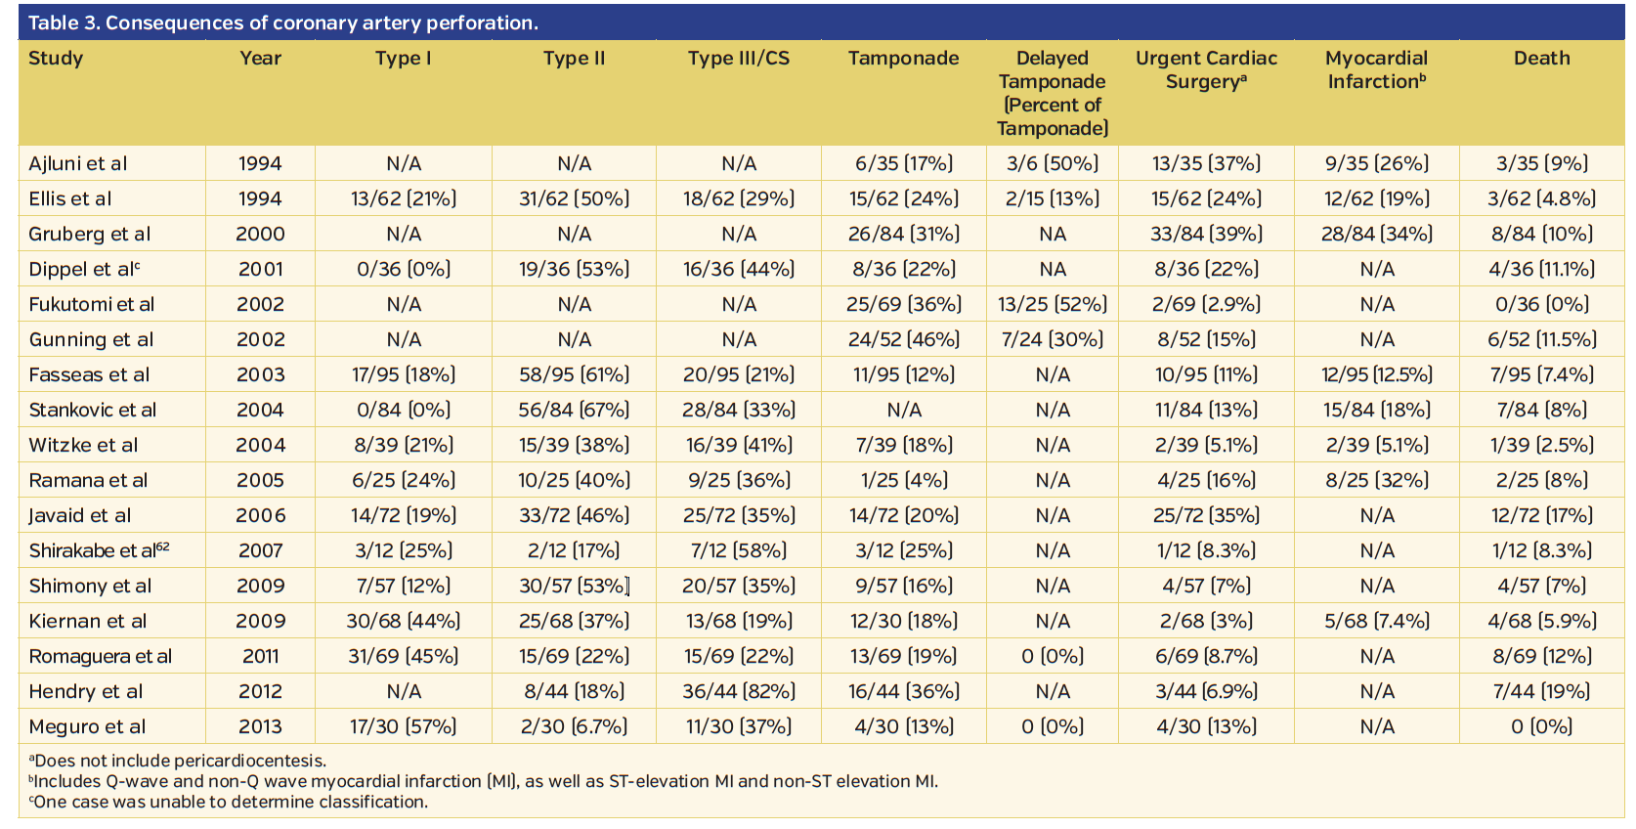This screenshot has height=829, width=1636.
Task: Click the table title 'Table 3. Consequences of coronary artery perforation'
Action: (x=283, y=22)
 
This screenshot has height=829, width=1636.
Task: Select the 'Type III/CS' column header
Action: (x=738, y=59)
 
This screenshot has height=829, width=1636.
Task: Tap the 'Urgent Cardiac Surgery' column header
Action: (x=1206, y=69)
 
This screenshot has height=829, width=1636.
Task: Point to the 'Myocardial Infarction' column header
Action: (x=1376, y=69)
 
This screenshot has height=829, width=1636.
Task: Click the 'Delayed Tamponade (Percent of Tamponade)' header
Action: (x=1053, y=93)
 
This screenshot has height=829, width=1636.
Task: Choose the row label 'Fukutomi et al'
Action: (x=92, y=304)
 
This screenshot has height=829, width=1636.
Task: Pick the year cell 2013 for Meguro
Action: (x=260, y=726)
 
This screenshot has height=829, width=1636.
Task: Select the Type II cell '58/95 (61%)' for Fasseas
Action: (x=574, y=374)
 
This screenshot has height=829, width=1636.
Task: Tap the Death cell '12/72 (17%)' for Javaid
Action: (x=1541, y=515)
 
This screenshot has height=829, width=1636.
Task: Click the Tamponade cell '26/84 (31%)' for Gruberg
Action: (x=903, y=234)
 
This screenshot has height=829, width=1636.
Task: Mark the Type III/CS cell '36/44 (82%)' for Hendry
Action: (x=738, y=691)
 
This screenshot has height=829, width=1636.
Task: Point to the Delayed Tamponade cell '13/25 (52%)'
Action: (x=1053, y=304)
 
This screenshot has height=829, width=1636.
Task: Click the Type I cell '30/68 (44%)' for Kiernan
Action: (x=403, y=621)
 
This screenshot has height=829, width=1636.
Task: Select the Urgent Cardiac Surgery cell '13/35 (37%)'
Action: (x=1206, y=163)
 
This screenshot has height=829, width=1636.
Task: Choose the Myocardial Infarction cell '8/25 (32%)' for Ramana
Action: (x=1376, y=480)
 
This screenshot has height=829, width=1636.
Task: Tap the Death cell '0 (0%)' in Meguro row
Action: (x=1541, y=726)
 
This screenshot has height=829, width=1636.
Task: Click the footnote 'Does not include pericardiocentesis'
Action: (x=178, y=761)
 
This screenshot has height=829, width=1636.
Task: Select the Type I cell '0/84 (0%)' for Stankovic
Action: (x=403, y=410)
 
